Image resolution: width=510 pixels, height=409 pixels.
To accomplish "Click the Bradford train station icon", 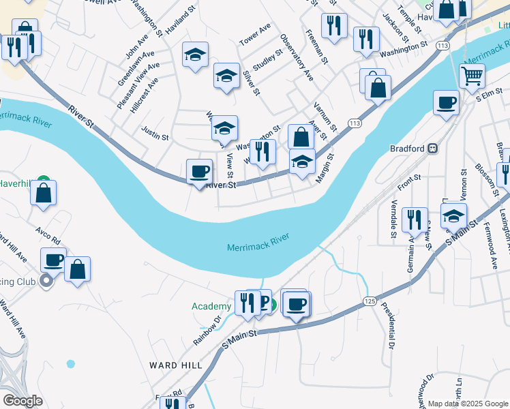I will point(432,148).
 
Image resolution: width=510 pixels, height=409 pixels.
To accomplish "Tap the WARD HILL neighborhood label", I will point(176,365).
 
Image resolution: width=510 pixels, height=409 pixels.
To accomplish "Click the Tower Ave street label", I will point(255,35).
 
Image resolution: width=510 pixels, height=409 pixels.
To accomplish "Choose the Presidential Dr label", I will point(388,326).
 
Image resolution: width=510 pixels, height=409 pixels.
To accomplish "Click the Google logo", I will point(22,401).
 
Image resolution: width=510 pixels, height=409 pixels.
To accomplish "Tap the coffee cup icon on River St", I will point(199,171).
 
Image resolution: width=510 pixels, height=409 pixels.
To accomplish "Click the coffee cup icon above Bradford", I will point(446,103).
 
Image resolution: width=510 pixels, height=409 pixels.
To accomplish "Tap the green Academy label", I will point(211,307).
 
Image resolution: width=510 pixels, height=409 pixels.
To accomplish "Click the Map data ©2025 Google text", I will point(468,403).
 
